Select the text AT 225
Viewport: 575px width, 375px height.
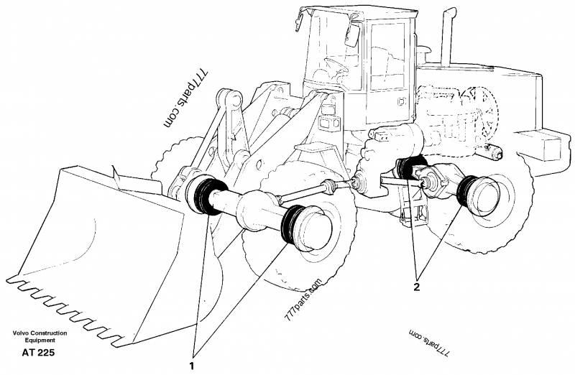(x=38, y=353)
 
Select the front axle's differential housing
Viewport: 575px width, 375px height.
(x=254, y=213)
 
